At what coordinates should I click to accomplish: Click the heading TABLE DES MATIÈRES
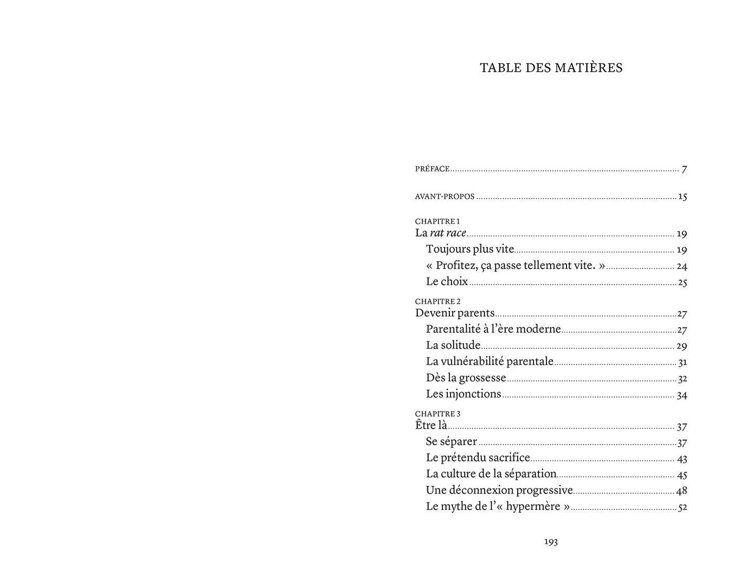point(551,68)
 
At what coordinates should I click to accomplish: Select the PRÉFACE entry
point(432,169)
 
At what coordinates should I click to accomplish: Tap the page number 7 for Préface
point(684,169)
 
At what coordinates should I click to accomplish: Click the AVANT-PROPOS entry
point(444,197)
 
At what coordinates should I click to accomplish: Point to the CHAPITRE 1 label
point(437,221)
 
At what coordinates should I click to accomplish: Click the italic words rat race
point(448,233)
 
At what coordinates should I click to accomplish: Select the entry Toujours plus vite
point(470,249)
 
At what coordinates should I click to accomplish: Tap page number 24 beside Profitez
point(681,266)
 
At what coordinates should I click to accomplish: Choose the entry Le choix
point(447,282)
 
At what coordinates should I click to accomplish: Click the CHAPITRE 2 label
point(437,301)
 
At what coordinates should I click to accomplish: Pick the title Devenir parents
point(455,313)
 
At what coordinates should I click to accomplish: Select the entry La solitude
point(453,345)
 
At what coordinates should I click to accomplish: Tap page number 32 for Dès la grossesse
point(682,378)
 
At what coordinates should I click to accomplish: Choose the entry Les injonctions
point(464,394)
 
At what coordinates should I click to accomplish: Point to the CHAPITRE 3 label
point(437,414)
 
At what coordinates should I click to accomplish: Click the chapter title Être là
point(431,425)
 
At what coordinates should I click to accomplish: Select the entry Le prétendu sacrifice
point(478,458)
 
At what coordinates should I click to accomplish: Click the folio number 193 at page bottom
point(551,542)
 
